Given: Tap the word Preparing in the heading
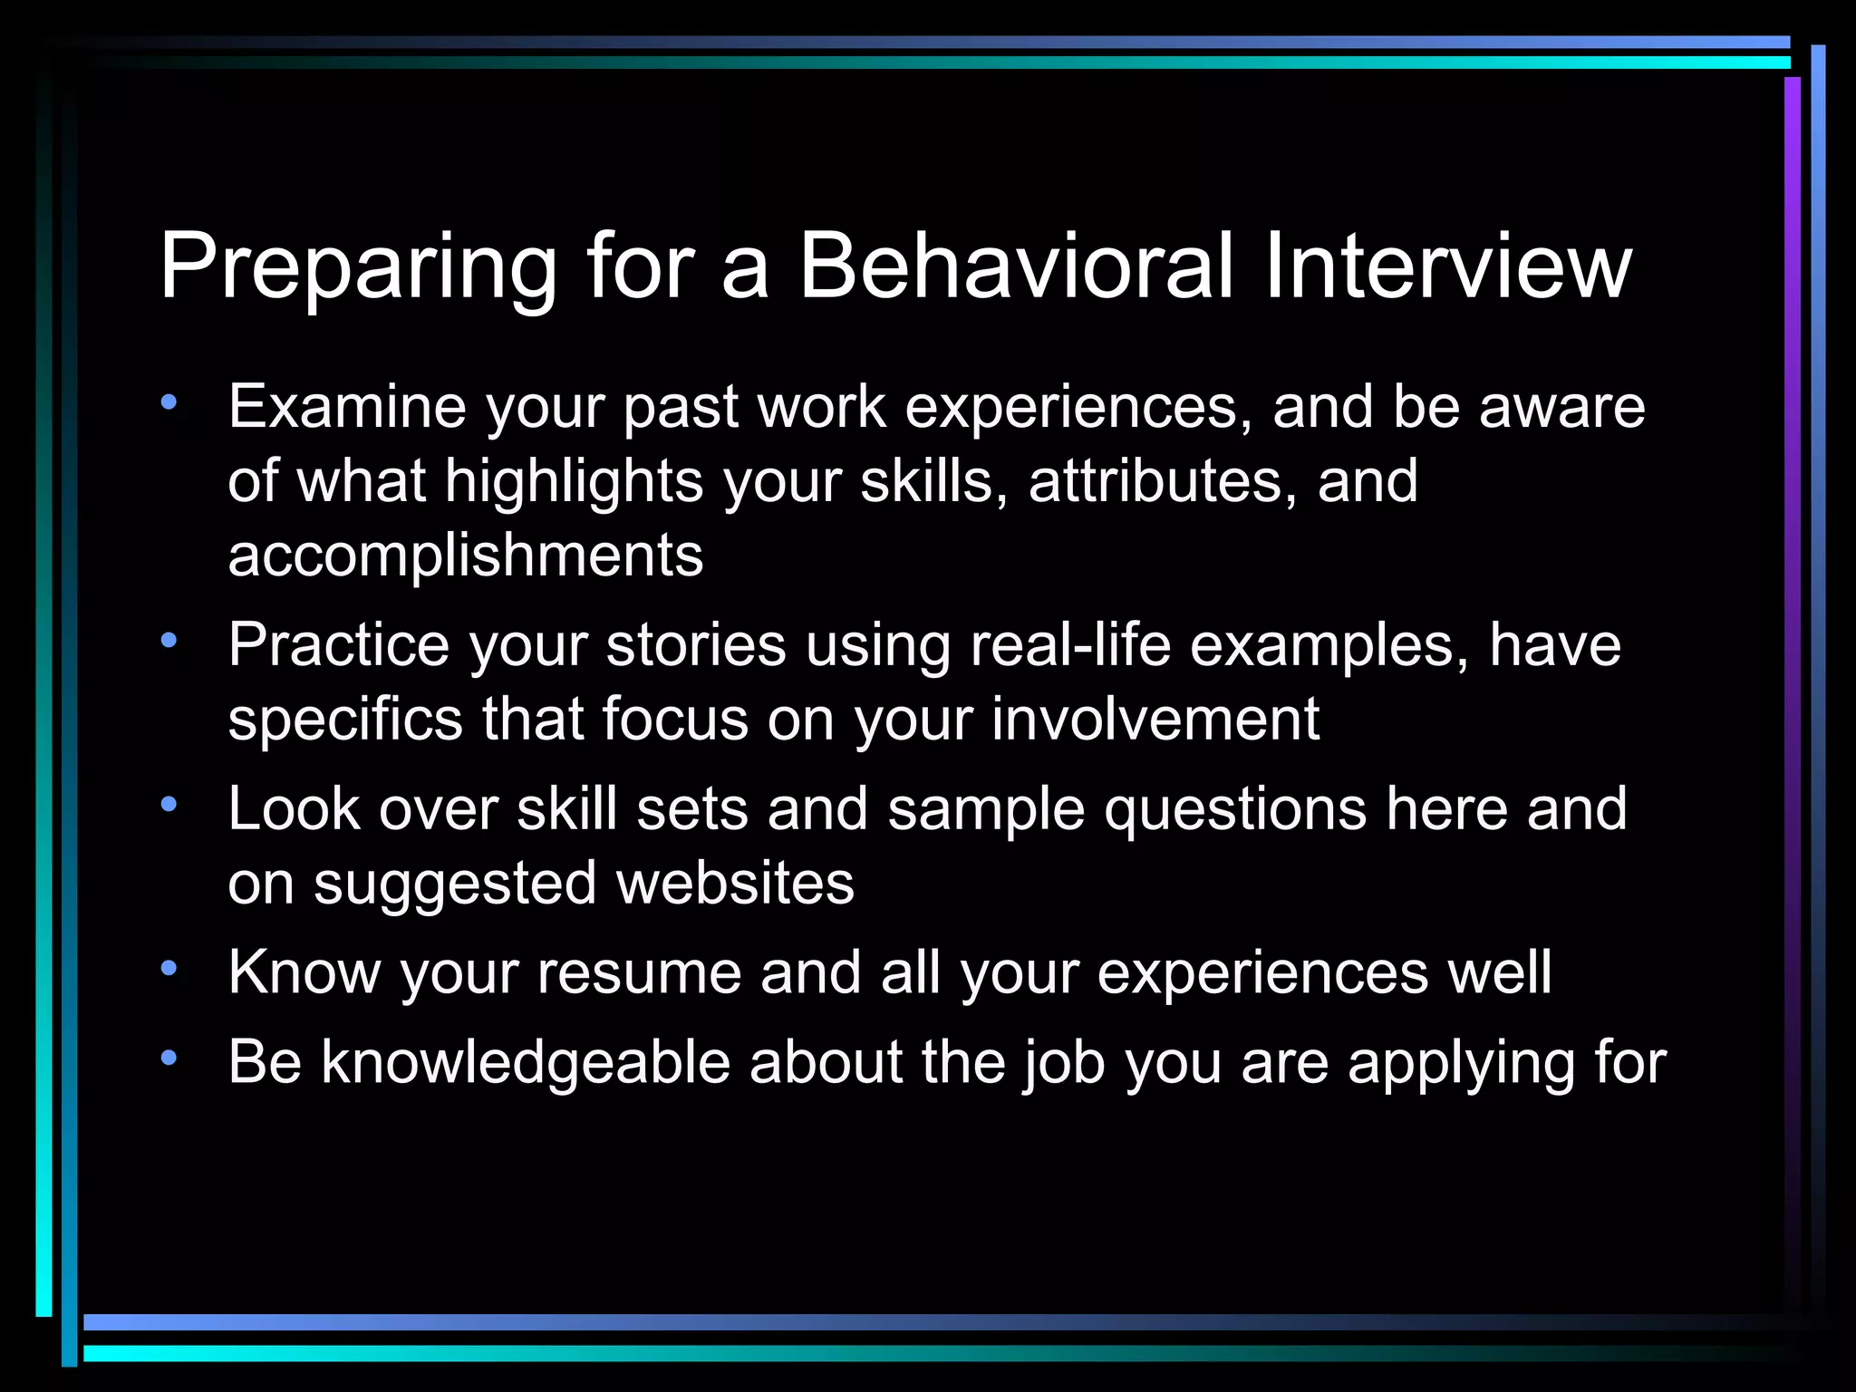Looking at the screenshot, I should click(358, 267).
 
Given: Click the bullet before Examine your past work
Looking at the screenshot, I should click(169, 402).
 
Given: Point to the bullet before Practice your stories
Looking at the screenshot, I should click(169, 641).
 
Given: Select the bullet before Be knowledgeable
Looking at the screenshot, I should click(169, 1058).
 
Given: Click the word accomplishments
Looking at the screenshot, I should click(465, 555).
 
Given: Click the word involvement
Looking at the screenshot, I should click(1155, 719).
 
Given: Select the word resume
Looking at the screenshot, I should click(639, 972).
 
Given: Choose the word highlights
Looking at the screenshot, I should click(574, 480).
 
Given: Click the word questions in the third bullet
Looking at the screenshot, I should click(1234, 808).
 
